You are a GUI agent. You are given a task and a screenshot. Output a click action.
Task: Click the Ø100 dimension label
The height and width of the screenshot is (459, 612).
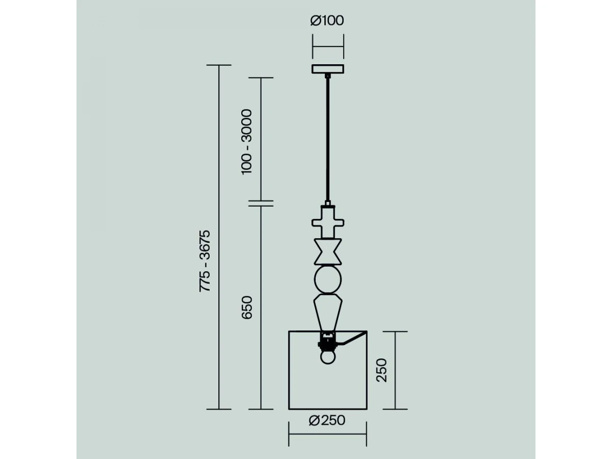click(x=327, y=20)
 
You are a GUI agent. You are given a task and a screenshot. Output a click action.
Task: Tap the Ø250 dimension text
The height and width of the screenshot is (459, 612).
click(x=327, y=421)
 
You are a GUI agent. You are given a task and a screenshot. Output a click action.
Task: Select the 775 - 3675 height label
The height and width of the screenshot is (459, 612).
click(x=205, y=261)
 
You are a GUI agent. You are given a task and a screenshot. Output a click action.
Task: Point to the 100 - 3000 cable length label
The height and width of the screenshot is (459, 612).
click(x=246, y=142)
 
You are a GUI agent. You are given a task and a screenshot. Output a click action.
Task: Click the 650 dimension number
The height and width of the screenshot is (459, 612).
click(x=247, y=308)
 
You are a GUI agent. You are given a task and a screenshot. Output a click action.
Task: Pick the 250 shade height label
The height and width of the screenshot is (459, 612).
click(x=381, y=370)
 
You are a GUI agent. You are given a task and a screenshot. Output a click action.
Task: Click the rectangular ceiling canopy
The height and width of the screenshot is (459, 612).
click(x=327, y=69)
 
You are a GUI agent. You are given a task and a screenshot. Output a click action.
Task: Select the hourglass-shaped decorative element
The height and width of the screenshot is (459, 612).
click(x=328, y=251)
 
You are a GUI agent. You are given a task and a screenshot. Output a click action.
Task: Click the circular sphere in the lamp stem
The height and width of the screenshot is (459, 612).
click(x=328, y=279)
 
